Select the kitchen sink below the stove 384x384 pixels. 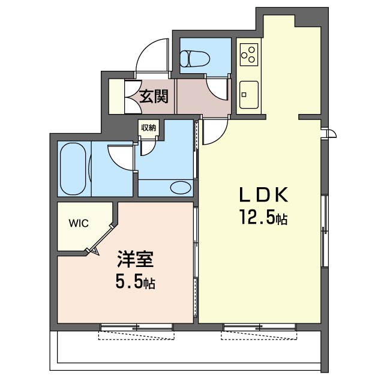click(x=247, y=93)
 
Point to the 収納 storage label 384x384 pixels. click(x=148, y=127)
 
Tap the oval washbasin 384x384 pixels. click(x=179, y=188)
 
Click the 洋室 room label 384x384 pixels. click(x=135, y=262)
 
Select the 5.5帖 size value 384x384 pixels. click(x=135, y=282)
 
